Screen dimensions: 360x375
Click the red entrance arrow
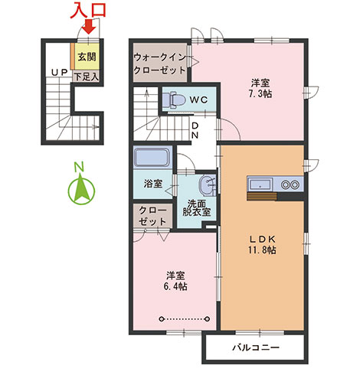[89, 27]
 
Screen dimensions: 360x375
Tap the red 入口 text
[88, 10]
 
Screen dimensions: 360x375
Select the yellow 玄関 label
[87, 57]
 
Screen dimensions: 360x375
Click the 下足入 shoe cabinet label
[87, 77]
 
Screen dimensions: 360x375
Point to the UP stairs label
[59, 73]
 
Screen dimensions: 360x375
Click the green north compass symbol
[81, 188]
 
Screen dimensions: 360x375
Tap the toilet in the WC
[174, 99]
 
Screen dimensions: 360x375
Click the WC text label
[198, 100]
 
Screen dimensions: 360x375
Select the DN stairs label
[195, 130]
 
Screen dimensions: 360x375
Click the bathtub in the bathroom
[152, 158]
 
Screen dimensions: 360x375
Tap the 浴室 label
[153, 184]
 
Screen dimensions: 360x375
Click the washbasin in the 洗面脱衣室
[208, 185]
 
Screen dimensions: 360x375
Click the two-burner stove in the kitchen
[290, 184]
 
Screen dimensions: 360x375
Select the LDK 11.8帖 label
[262, 245]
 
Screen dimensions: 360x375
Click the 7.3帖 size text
[260, 94]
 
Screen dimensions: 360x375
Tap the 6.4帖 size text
[175, 286]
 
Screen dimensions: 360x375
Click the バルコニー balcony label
[256, 347]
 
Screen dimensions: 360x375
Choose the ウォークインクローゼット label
[159, 64]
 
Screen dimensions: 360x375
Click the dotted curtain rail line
[185, 319]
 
